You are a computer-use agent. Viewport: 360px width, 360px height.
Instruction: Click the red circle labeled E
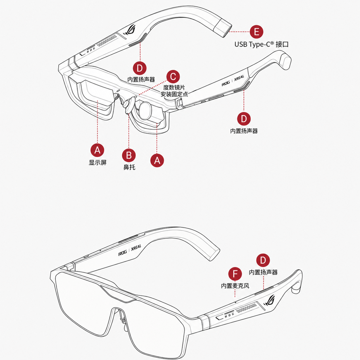click(256, 32)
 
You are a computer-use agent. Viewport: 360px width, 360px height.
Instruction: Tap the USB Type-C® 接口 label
click(262, 44)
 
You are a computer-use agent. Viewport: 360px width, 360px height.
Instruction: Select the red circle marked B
click(129, 155)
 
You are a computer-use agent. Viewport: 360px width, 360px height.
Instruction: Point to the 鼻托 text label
click(129, 167)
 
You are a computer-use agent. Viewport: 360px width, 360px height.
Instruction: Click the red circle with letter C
click(173, 77)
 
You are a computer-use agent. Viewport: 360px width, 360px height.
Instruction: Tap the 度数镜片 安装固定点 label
click(174, 91)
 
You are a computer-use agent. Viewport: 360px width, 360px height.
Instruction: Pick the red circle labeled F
click(235, 274)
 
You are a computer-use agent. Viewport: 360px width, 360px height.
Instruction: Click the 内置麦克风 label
click(235, 286)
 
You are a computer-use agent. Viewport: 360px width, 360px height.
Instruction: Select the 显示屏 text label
click(98, 162)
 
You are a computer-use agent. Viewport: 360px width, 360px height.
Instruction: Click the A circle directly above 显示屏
click(97, 150)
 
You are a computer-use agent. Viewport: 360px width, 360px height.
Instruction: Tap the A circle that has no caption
click(157, 160)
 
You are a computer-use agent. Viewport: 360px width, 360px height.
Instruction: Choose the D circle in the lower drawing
click(263, 260)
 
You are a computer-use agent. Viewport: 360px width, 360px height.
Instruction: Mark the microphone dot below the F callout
click(235, 302)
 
